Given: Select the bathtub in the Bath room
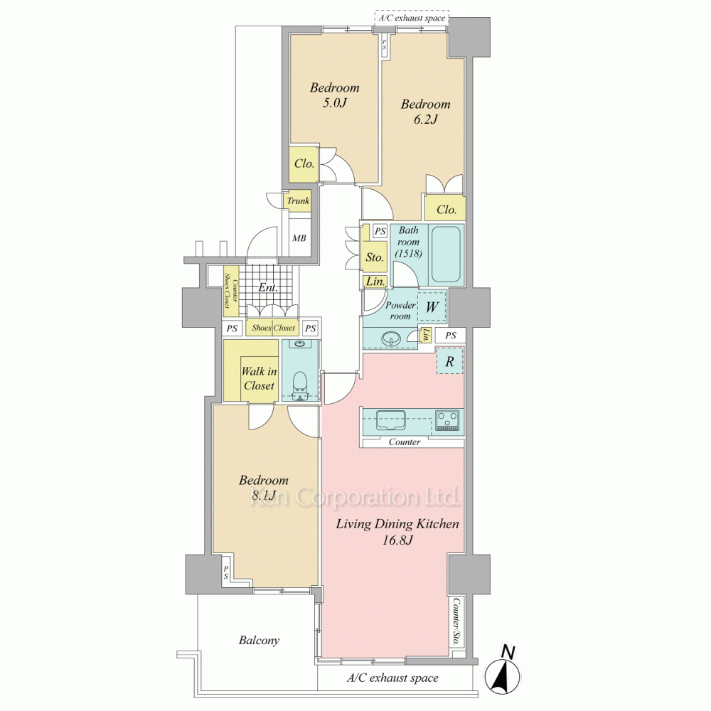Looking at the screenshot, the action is (446, 254).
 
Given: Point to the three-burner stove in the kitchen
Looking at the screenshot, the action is (447, 419).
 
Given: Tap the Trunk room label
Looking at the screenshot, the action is (298, 201).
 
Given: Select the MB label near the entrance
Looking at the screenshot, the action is (299, 238).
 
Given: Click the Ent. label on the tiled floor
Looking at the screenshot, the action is (268, 287).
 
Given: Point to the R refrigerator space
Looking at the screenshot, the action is (449, 361).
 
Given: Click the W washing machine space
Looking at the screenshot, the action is (432, 307).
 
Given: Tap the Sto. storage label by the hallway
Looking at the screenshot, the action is (375, 257).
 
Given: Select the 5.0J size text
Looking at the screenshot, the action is (335, 103).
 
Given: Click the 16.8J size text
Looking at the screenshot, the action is (397, 540).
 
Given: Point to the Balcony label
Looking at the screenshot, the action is (259, 641).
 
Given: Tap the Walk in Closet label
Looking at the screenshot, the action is (259, 379).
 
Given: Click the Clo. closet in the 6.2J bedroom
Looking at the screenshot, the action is (447, 210).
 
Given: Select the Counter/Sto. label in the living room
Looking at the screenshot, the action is (456, 622).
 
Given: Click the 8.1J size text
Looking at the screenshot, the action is (264, 496).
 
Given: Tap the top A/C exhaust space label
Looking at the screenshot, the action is (412, 18).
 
